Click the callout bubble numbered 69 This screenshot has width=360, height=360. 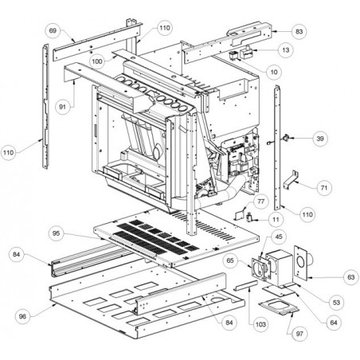tap(53, 31)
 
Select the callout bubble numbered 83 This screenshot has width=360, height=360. tap(299, 32)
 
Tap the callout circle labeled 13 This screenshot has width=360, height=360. tap(286, 50)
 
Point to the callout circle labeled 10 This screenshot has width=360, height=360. tap(274, 72)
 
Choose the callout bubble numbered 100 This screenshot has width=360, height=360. tap(97, 61)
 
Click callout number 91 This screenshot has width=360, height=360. tap(62, 107)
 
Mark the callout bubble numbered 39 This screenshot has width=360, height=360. tap(320, 139)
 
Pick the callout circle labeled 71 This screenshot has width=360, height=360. tap(324, 188)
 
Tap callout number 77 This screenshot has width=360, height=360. tap(261, 202)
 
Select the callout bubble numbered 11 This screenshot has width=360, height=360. tap(276, 220)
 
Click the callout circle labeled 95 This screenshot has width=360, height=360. tap(57, 233)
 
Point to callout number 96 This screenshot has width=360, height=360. tap(23, 316)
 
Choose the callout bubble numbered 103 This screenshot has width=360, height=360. tap(260, 324)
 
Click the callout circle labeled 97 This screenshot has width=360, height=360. tap(299, 334)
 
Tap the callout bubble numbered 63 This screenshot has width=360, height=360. tap(351, 277)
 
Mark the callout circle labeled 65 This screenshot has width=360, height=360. tap(230, 260)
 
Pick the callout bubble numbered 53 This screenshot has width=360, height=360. tap(336, 303)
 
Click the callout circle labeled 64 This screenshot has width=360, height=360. tap(334, 323)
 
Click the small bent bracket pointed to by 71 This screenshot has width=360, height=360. tap(291, 181)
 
